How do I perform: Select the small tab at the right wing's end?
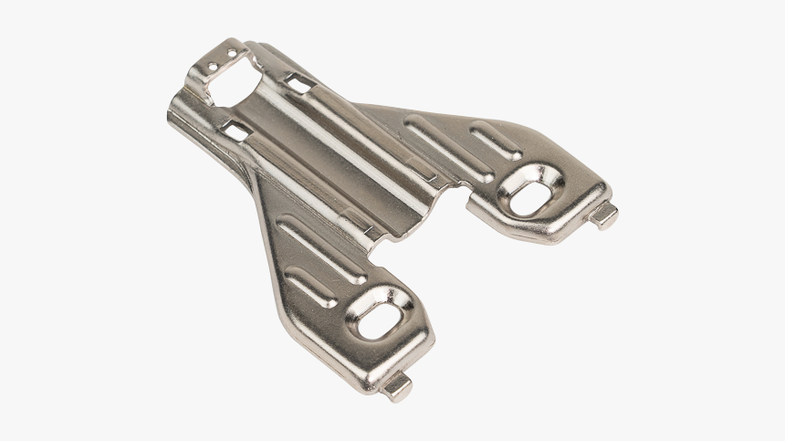605,217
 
